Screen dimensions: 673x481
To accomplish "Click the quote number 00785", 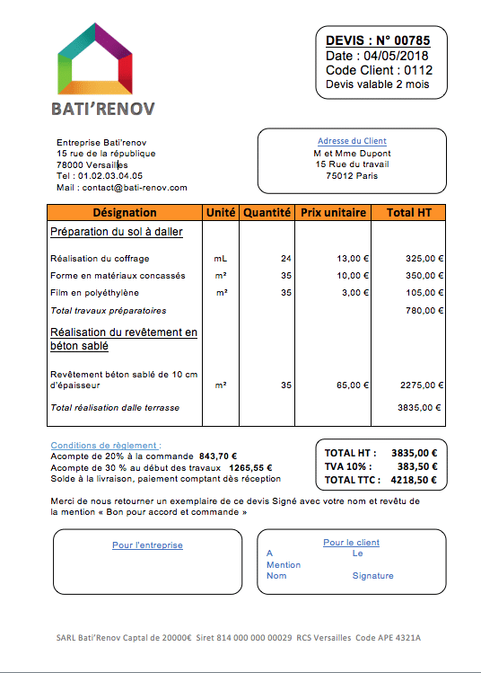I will [412, 40].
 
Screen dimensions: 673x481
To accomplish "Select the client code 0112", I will [418, 70].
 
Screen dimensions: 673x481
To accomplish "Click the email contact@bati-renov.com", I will [133, 188].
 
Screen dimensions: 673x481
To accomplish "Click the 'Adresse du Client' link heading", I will [352, 141].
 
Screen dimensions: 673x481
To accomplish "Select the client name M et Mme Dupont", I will [352, 153].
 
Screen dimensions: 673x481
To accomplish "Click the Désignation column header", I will [125, 213].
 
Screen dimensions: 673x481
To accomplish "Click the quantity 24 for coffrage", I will [286, 258].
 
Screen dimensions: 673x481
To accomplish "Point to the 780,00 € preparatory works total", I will [425, 310].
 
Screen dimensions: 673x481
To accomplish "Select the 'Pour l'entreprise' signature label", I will [147, 545].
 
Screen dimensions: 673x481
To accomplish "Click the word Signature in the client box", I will [372, 575].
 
